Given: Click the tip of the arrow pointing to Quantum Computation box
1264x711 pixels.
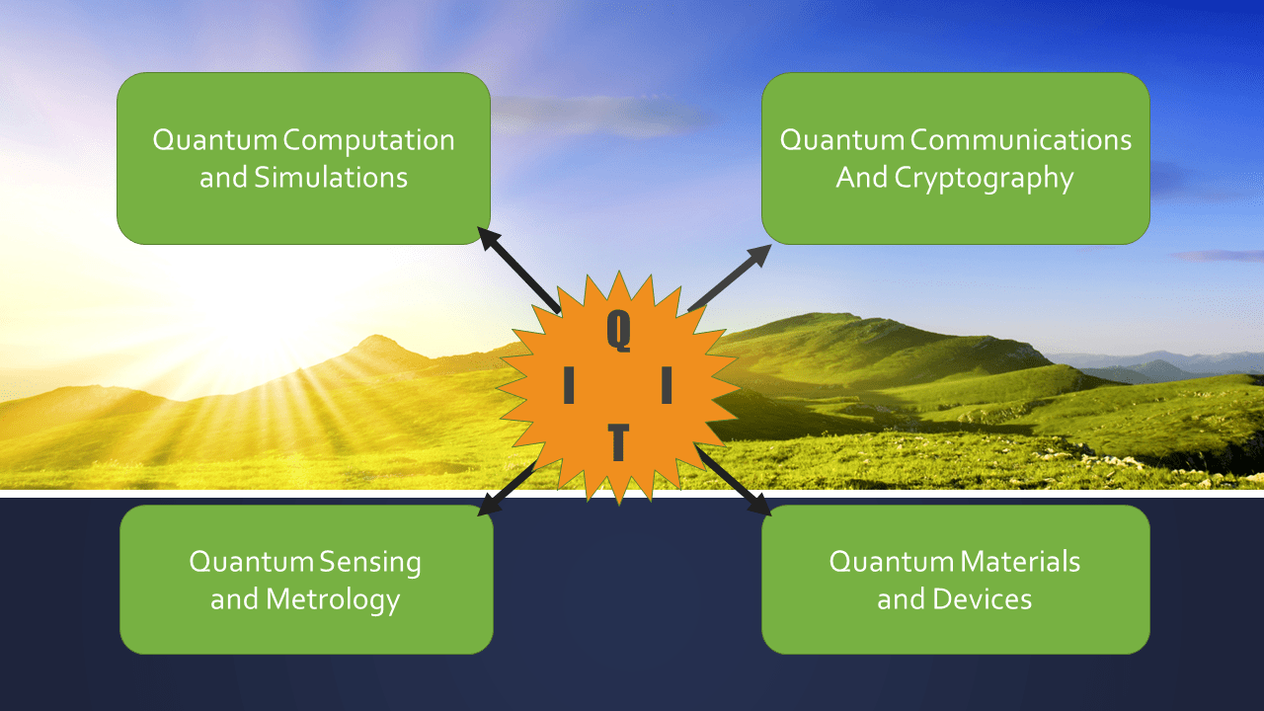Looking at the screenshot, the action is coord(478,227).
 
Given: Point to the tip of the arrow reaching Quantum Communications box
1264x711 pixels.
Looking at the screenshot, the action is coord(771,245).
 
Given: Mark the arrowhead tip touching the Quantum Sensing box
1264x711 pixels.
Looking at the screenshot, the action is coord(477,514).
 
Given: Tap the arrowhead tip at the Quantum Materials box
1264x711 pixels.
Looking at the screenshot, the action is coord(771,514).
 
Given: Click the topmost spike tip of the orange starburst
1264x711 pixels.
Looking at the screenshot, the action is coord(619,271).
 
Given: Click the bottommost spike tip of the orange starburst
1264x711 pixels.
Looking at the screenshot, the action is coord(619,505).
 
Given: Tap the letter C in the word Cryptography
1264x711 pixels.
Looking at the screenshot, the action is coord(905,177).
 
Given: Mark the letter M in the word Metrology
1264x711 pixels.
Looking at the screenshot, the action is coord(279,599).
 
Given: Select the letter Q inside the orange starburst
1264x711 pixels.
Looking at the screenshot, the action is coord(619,331).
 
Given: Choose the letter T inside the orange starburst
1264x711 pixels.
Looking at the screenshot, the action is coord(618,442).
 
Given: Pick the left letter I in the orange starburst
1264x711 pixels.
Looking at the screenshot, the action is coord(569,385).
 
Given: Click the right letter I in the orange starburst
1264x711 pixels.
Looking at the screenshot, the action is coord(667,385).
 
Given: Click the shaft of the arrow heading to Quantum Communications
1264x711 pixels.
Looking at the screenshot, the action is coord(729,277).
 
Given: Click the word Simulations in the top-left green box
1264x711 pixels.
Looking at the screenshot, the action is coord(331,177).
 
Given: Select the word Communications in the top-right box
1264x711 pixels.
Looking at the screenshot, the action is coord(1021,140).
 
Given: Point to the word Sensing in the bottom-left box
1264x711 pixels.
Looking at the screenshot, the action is coord(370,563).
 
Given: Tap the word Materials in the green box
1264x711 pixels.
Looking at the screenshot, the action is coord(1020,562).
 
